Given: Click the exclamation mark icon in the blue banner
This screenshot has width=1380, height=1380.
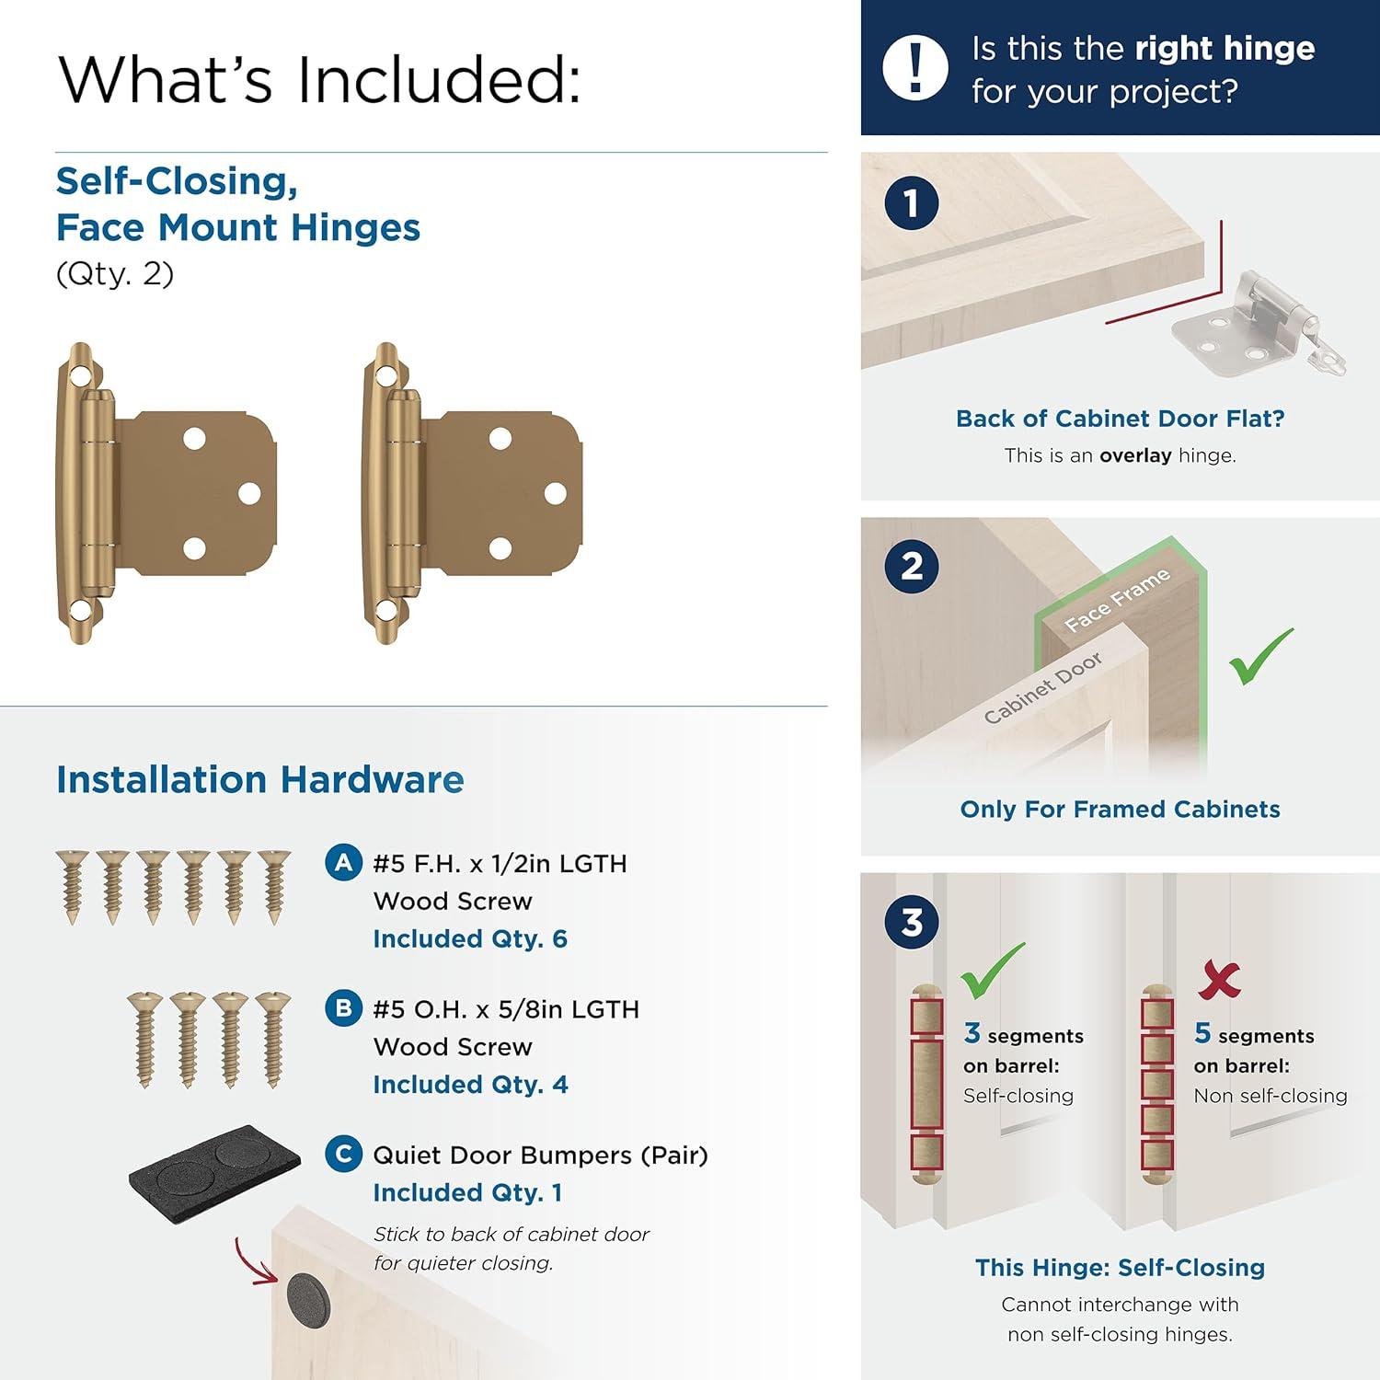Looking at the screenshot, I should [914, 68].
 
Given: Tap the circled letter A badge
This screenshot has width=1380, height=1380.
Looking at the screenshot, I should [343, 863].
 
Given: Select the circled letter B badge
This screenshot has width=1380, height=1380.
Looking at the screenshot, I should [343, 1008].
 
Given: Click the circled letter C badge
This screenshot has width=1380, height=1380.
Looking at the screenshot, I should [343, 1154].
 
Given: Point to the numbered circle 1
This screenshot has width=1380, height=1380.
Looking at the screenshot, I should [911, 203].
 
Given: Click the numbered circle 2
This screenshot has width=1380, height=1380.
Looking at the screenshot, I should [911, 566].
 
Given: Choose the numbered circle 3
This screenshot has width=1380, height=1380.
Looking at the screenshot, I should [911, 922].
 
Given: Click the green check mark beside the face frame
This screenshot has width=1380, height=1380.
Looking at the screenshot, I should [1261, 656].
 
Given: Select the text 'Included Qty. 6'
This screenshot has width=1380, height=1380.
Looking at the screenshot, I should [469, 938].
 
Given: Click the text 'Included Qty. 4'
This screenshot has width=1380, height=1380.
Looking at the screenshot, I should [469, 1085].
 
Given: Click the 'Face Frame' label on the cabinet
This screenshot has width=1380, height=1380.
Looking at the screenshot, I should [1117, 599].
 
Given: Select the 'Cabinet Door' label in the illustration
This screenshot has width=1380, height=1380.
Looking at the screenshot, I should [1041, 687].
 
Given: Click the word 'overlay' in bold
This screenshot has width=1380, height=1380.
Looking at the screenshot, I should [1134, 455].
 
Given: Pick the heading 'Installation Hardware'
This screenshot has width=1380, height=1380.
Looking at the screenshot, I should [259, 779].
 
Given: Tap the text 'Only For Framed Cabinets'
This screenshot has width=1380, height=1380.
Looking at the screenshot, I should [1120, 809].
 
